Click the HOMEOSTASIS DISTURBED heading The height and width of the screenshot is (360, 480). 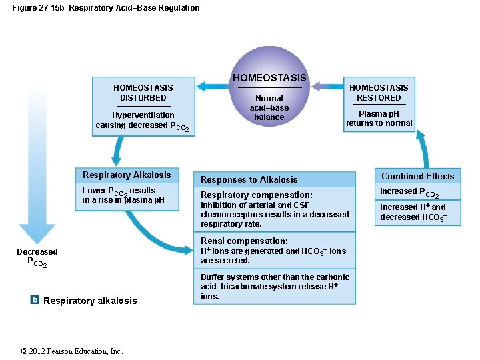143,93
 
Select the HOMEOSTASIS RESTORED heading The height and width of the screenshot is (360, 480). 379,93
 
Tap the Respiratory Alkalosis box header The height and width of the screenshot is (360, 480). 127,175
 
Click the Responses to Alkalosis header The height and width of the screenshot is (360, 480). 249,179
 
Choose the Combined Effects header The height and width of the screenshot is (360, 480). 417,176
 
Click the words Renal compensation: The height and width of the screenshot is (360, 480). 245,241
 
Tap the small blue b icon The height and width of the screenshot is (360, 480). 35,299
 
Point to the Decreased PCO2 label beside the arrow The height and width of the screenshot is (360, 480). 37,257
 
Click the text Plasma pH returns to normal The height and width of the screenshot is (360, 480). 379,119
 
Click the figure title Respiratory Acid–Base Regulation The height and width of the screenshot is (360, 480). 134,8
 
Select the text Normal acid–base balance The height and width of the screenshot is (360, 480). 269,108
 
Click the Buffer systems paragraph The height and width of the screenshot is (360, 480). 275,287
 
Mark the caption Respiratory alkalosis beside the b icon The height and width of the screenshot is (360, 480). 90,301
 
